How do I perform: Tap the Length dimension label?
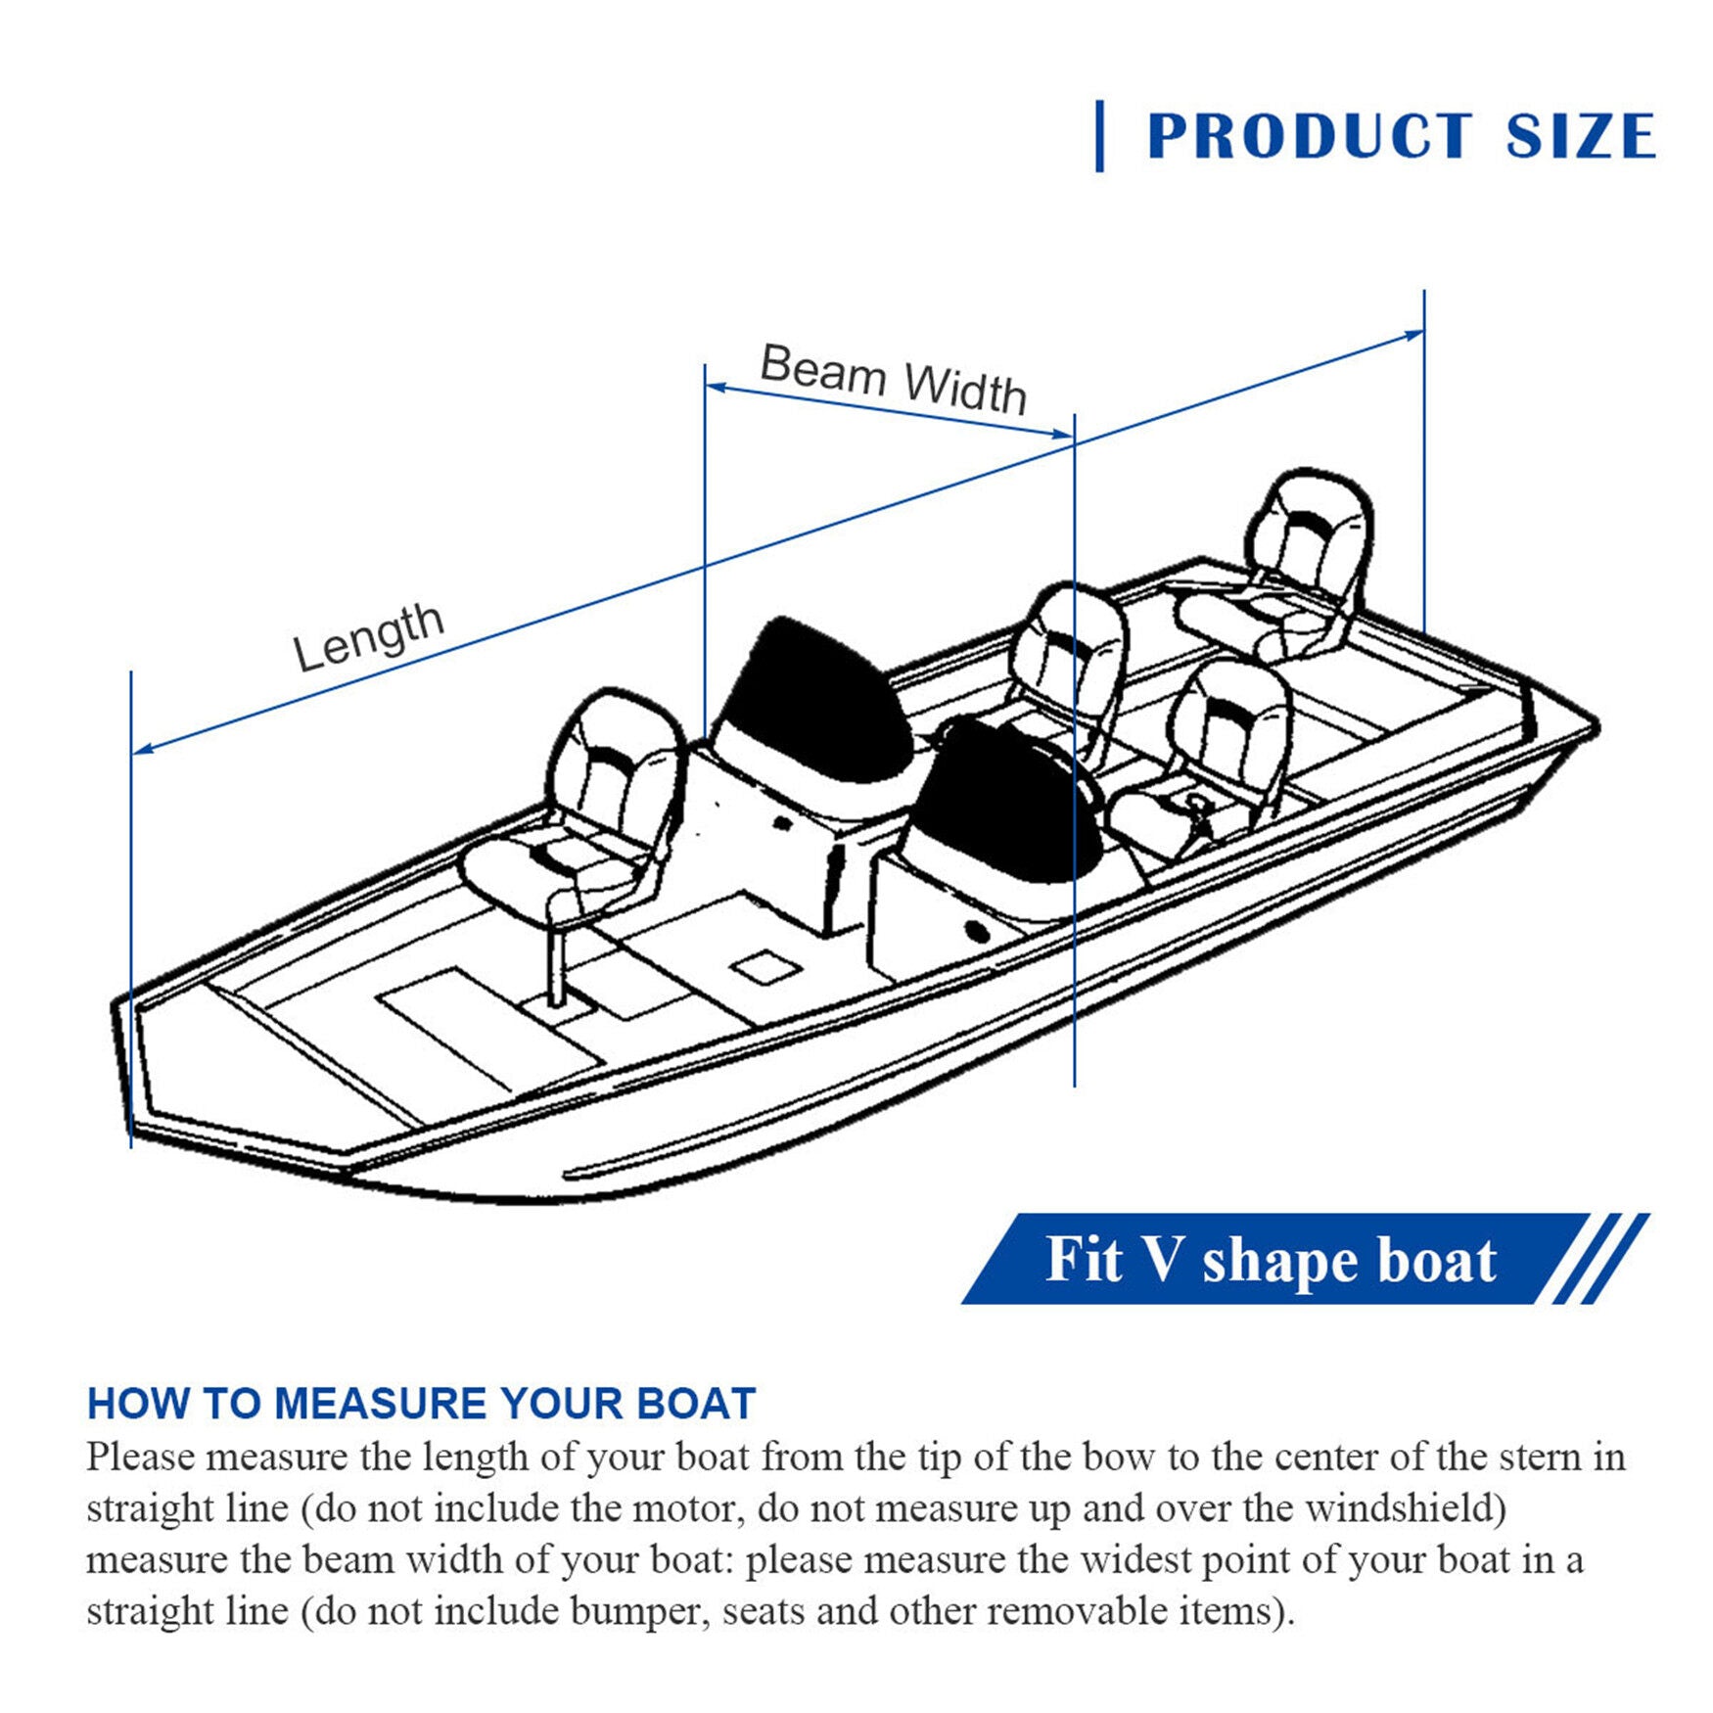[x=369, y=636]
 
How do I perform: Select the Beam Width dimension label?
[x=894, y=379]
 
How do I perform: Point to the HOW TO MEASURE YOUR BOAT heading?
[x=422, y=1404]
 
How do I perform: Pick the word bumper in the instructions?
[x=634, y=1611]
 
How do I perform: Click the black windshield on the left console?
[x=812, y=700]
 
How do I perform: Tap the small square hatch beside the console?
[x=765, y=969]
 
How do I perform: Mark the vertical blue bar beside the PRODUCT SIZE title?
[x=1100, y=136]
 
